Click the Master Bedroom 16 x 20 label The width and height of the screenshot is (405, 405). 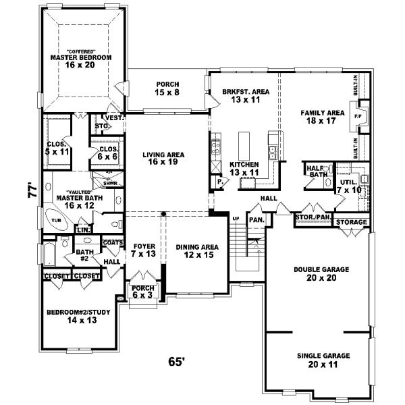tap(80, 62)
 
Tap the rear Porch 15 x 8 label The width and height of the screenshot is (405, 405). tap(167, 88)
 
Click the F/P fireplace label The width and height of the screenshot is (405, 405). tap(358, 116)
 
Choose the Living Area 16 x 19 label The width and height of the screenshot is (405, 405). tap(164, 159)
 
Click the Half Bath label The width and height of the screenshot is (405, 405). tap(315, 173)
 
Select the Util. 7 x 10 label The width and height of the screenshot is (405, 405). tap(348, 186)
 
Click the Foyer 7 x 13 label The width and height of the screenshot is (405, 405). tap(143, 250)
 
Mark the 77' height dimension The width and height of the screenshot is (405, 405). tap(31, 190)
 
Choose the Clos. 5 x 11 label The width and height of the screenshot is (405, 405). tap(56, 148)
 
